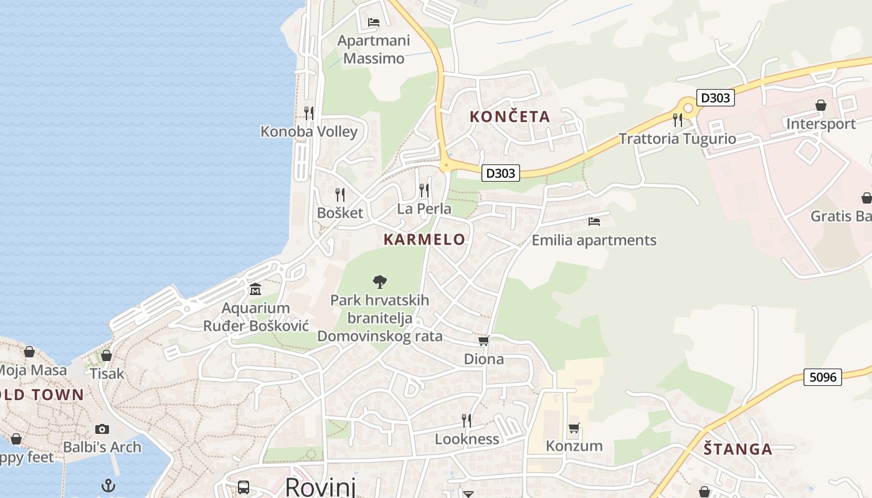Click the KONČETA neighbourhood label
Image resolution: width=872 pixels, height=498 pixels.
point(509,116)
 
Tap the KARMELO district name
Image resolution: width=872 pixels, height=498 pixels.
point(424,240)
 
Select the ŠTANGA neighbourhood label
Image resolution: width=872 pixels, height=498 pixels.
point(738,449)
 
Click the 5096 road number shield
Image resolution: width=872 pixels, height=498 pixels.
point(822,377)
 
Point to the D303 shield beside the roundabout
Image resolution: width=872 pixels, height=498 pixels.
point(716,98)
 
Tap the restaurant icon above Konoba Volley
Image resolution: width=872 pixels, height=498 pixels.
point(308,113)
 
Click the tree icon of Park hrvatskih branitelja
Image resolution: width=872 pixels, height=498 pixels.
point(379,282)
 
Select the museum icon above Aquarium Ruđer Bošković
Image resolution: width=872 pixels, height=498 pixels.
point(255,289)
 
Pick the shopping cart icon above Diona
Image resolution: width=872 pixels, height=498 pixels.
point(484,341)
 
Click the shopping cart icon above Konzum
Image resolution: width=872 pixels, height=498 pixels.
point(574,428)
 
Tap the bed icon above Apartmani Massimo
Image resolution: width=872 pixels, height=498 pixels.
point(374,22)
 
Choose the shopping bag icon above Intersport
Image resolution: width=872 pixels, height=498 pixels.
point(821,105)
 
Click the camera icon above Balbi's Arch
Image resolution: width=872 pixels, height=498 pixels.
point(102,429)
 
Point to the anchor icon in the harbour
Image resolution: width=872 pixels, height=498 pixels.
point(109,486)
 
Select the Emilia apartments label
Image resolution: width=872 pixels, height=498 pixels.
point(594,240)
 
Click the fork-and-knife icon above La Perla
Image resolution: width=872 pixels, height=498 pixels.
point(424,190)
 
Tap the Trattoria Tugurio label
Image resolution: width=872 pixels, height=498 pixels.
point(677,139)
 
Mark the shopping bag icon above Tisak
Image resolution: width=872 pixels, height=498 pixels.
point(107,355)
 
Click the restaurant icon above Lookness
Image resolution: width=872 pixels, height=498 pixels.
point(466,421)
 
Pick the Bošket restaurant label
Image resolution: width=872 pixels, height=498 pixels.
point(339,213)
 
